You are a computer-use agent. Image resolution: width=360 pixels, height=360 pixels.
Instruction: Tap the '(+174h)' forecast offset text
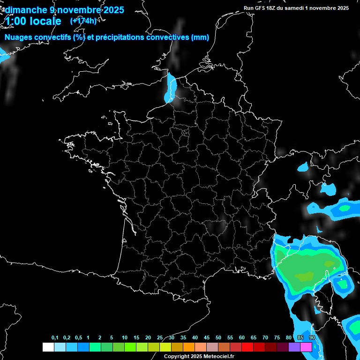pyautogui.click(x=83, y=21)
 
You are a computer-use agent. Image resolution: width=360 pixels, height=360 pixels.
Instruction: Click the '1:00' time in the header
pyautogui.click(x=16, y=21)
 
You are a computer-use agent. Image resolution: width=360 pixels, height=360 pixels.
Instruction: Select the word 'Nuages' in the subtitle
pyautogui.click(x=18, y=37)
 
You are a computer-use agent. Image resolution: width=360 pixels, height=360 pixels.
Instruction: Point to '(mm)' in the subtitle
pyautogui.click(x=199, y=37)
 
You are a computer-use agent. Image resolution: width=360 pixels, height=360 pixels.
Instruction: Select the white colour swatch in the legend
pyautogui.click(x=48, y=347)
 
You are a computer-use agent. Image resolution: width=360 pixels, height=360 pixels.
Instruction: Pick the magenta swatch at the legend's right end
pyautogui.click(x=306, y=347)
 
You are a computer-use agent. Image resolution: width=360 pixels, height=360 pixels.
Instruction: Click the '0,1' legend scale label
pyautogui.click(x=55, y=338)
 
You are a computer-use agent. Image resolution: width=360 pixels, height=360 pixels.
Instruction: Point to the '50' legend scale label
pyautogui.click(x=218, y=338)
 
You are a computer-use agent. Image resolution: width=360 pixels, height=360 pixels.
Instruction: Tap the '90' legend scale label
pyautogui.click(x=312, y=338)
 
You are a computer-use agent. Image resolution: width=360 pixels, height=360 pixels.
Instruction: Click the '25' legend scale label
pyautogui.click(x=160, y=338)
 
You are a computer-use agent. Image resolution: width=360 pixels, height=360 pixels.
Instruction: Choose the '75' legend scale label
pyautogui.click(x=277, y=338)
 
